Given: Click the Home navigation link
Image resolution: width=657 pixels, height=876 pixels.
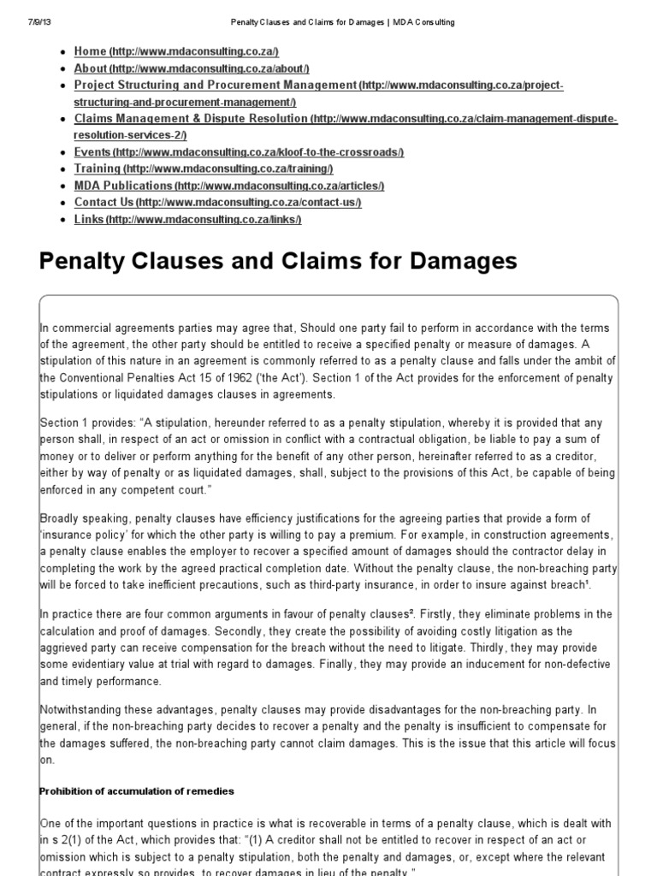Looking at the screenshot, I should tap(90, 52).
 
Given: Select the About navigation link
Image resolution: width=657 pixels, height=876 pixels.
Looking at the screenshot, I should tap(91, 68).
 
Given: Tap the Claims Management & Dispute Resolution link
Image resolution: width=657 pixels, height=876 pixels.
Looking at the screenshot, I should tap(191, 119).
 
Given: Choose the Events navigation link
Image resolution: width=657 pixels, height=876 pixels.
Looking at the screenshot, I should tap(92, 152).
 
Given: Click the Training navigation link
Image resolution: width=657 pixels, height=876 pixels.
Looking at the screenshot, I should tap(98, 169).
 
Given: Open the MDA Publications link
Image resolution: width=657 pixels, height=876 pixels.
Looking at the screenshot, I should tap(123, 186).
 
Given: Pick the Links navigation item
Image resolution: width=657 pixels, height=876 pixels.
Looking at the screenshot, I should tap(89, 220).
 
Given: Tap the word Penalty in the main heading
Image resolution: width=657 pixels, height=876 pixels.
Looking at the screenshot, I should tap(82, 261).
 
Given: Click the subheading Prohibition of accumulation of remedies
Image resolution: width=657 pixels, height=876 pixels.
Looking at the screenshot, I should tap(137, 790).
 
